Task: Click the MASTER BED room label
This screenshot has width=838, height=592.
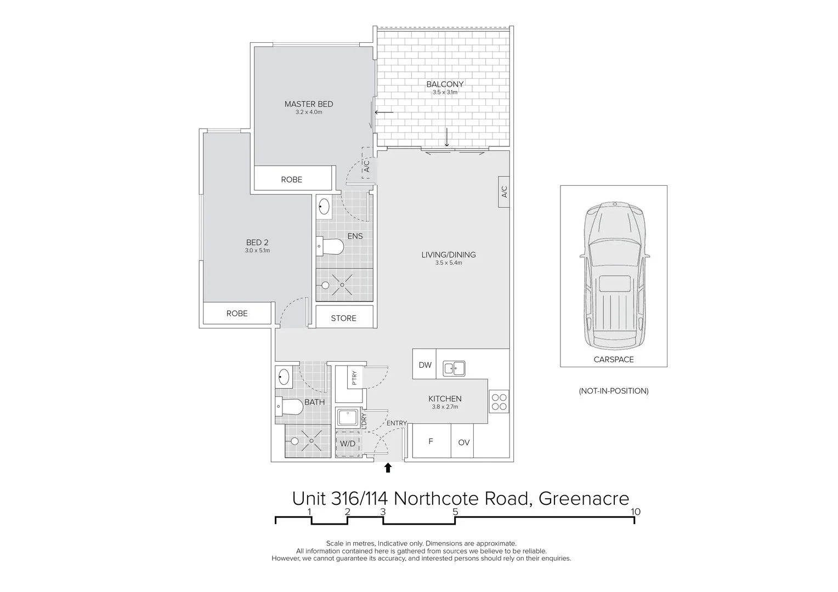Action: pos(309,104)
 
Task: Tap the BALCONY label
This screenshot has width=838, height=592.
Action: pos(445,84)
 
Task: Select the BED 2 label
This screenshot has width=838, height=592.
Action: pos(257,243)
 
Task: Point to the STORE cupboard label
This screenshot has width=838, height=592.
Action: pos(344,318)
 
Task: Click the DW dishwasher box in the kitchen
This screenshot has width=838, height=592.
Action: pos(424,365)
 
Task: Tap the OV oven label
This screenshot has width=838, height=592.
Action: pos(464,442)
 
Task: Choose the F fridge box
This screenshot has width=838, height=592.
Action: pos(431,441)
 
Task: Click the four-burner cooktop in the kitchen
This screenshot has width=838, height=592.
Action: pos(499,402)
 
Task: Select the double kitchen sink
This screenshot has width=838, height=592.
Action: pos(454,368)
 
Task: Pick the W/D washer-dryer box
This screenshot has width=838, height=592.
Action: pos(348,443)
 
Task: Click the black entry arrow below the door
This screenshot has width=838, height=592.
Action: pos(388,468)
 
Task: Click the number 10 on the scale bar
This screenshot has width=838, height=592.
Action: pos(636,512)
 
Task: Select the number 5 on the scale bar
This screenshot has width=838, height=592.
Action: pos(455,512)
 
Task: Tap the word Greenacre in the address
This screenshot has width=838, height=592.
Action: pos(584,498)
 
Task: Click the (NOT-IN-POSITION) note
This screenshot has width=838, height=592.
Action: pos(614,391)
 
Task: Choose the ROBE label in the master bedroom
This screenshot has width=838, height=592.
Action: pos(292,179)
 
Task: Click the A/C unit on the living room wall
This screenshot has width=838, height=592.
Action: pos(504,192)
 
